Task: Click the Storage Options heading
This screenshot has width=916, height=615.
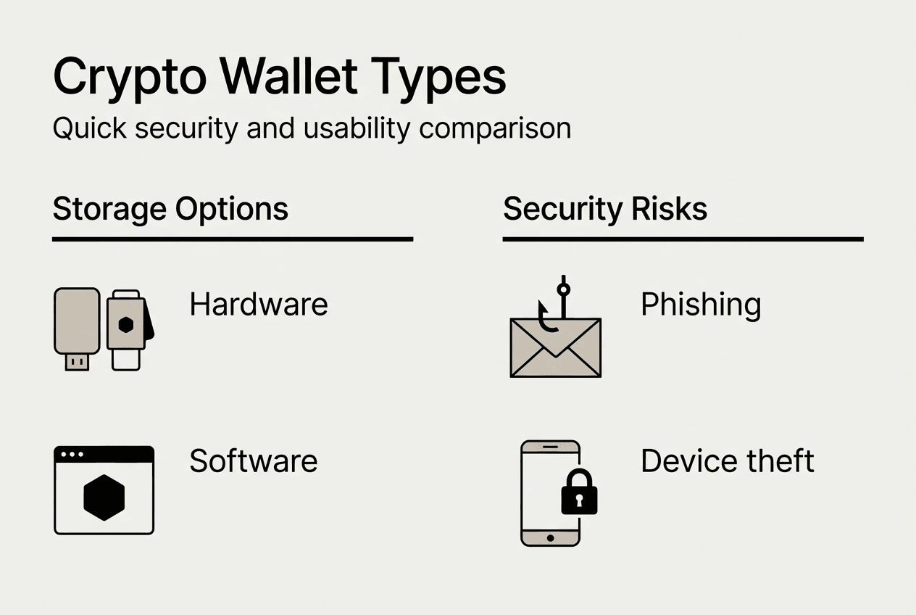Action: coord(170,210)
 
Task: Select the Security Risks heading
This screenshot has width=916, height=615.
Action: coord(605,210)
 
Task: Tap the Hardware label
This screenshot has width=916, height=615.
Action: coord(259,305)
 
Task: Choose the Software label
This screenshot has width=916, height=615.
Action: coord(254,461)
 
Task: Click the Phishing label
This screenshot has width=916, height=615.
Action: coord(701,305)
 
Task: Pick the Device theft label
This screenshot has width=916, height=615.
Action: coord(728,461)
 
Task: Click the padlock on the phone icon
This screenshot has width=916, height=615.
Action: coord(579,494)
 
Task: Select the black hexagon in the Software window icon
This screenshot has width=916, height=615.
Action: coord(104,498)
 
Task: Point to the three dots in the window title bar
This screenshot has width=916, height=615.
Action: coord(72,455)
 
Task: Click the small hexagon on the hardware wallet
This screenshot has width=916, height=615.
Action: coord(126,324)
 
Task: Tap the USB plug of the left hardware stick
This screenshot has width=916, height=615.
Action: coord(77,362)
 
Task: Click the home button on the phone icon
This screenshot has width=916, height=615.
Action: coord(550,537)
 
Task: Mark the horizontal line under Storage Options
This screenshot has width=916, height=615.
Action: coord(232,239)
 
